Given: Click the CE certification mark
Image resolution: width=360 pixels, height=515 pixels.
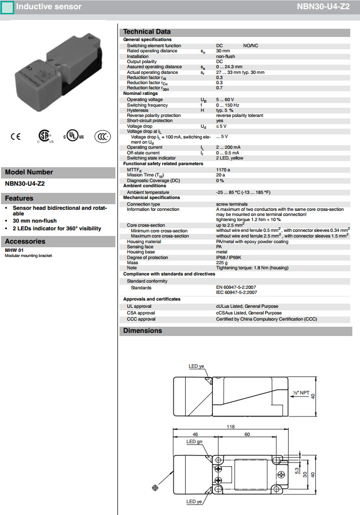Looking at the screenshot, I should click(x=15, y=136).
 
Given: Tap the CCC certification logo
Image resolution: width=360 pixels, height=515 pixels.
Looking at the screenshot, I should click(x=103, y=136).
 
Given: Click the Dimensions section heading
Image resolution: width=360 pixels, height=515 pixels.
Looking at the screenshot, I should click(x=143, y=331).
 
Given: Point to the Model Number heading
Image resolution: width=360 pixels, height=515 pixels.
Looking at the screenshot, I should click(x=29, y=172).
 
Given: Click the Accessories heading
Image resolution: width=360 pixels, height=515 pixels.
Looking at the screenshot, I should click(x=25, y=242).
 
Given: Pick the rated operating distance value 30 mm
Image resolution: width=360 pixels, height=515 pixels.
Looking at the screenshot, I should click(x=223, y=51).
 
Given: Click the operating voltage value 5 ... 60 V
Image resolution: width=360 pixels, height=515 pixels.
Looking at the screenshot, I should click(x=225, y=99).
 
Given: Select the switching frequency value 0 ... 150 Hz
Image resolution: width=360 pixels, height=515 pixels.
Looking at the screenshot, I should click(x=228, y=105).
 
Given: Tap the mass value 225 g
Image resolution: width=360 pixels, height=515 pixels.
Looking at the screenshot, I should click(x=222, y=263).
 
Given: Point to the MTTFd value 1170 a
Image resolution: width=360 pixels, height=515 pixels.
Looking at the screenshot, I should click(x=223, y=169).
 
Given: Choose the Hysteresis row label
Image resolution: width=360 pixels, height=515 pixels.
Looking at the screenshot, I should click(x=138, y=110).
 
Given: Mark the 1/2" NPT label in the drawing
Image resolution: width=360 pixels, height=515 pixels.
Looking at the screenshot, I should click(x=302, y=393).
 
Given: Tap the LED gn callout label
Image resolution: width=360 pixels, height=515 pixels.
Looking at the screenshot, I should click(x=194, y=442).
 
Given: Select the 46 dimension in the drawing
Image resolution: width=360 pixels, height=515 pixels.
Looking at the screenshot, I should click(x=195, y=434).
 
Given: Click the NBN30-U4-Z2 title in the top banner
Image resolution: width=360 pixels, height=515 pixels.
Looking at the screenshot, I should click(x=323, y=7).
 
